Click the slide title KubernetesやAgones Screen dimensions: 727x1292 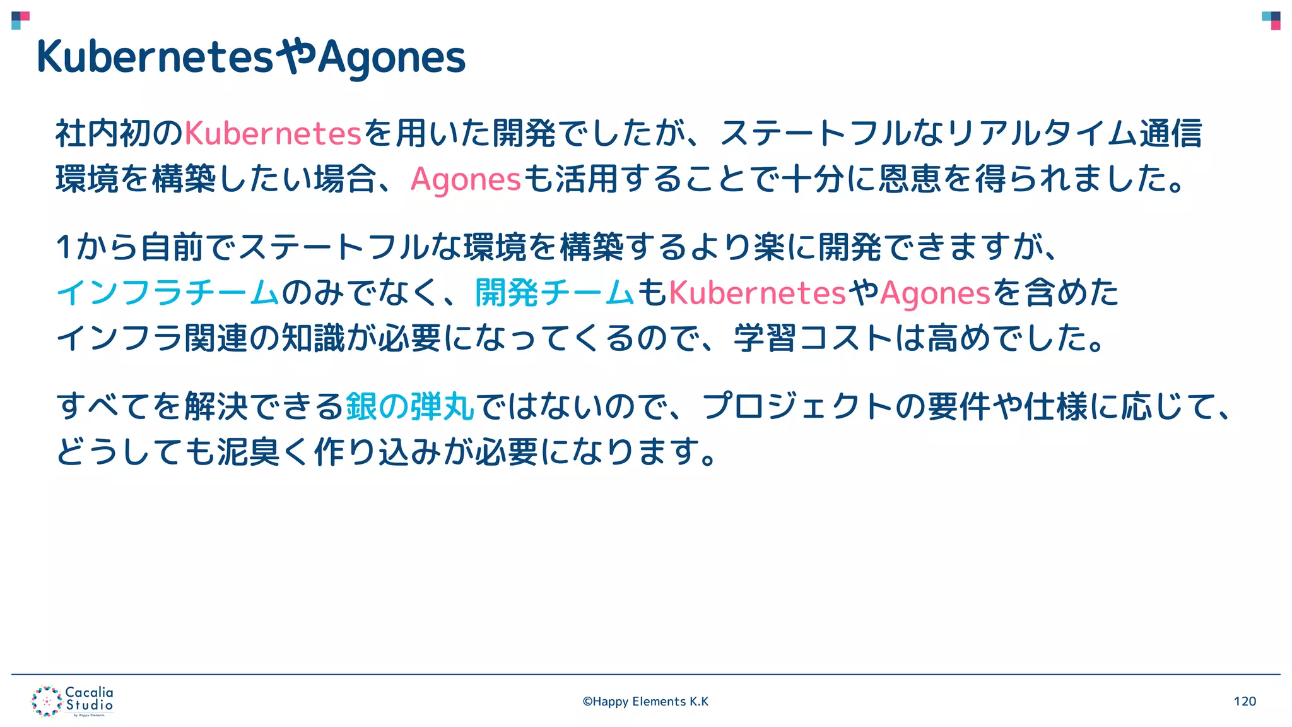tap(251, 57)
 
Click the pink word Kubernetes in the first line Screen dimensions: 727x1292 tap(273, 133)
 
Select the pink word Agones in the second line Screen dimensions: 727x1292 tap(466, 179)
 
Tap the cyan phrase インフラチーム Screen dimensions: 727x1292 tap(168, 292)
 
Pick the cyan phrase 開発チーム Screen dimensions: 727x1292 tap(554, 292)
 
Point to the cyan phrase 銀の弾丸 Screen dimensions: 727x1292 tap(410, 406)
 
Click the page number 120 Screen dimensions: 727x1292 tap(1245, 701)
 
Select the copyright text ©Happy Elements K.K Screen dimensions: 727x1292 tap(645, 701)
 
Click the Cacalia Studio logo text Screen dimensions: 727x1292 tap(90, 699)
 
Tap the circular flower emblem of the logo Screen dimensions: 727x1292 tap(46, 701)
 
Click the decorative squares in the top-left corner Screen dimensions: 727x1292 tap(20, 20)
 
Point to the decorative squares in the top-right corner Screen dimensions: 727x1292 tap(1271, 20)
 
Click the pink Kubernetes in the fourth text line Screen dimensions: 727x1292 tap(756, 292)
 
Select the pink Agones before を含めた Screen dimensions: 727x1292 tap(935, 292)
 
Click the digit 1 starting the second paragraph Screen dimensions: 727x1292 tap(64, 247)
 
